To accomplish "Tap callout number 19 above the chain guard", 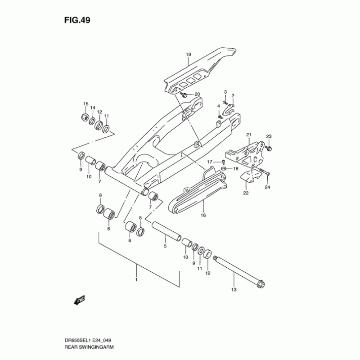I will click(x=189, y=55).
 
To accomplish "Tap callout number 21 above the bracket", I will click(x=248, y=135).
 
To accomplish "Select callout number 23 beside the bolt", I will click(x=269, y=136).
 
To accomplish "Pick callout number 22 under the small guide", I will click(x=246, y=193).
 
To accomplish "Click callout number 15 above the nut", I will click(x=85, y=104).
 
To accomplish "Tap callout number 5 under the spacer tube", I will click(x=165, y=246).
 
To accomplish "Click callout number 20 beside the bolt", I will click(x=197, y=94).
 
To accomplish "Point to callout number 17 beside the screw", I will click(x=210, y=162).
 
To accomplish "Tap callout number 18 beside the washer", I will click(x=235, y=169).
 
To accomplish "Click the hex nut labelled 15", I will click(x=84, y=117).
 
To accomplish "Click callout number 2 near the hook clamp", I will click(x=233, y=96).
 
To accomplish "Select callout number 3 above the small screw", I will click(x=225, y=92).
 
